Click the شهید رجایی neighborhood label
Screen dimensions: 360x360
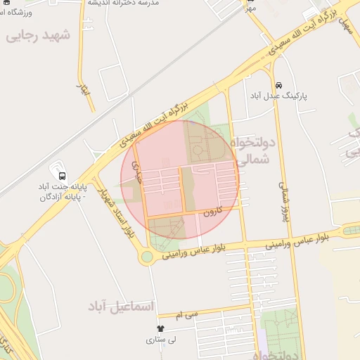click(x=39, y=37)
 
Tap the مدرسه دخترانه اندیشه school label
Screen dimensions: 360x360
click(x=124, y=4)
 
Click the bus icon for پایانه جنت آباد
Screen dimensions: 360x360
click(x=63, y=176)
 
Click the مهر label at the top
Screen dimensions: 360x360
click(x=251, y=7)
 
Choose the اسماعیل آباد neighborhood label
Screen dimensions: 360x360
click(x=120, y=307)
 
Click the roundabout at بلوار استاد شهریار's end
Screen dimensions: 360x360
click(x=146, y=257)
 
